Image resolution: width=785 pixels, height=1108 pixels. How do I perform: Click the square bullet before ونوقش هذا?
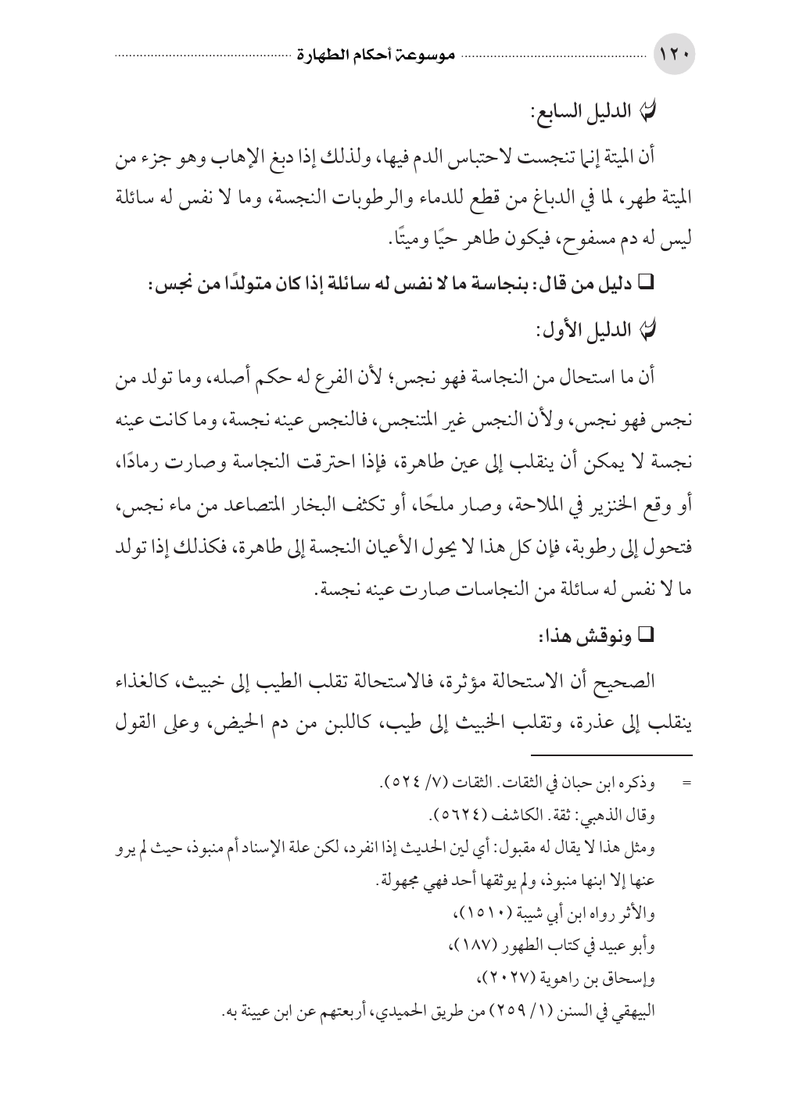pyautogui.click(x=646, y=637)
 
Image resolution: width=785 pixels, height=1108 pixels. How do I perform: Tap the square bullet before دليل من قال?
pyautogui.click(x=646, y=287)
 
